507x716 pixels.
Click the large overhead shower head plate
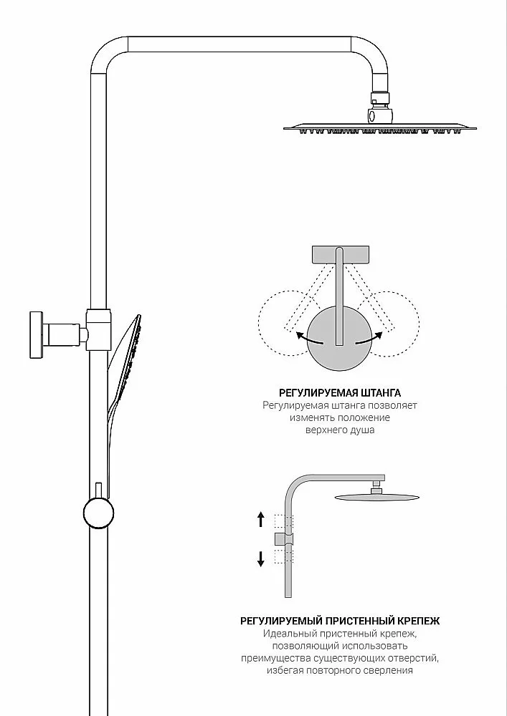click(380, 129)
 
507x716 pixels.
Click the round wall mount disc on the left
click(36, 334)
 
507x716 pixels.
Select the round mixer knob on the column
click(98, 513)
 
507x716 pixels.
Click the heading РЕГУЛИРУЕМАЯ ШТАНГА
click(340, 392)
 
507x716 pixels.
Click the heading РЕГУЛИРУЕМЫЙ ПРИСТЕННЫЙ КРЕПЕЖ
click(340, 621)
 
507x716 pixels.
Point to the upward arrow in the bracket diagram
click(261, 520)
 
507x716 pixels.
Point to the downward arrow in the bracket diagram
click(261, 559)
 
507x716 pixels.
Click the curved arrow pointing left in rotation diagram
click(308, 339)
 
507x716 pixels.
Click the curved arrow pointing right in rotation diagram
click(369, 339)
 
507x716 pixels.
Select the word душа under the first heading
click(363, 430)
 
